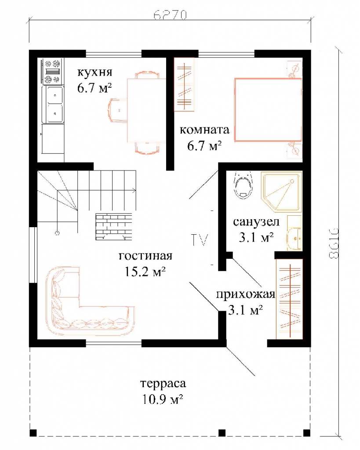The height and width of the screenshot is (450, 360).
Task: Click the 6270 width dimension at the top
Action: [170, 15]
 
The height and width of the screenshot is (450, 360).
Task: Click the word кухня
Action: [95, 72]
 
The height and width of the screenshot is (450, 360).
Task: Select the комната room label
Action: [205, 130]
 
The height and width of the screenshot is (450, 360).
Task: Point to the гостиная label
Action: [145, 255]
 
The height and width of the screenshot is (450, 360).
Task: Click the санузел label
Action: [256, 222]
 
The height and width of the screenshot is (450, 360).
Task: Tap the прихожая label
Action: [245, 294]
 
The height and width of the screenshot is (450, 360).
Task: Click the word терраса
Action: [163, 383]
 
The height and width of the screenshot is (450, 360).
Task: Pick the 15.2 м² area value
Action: [145, 271]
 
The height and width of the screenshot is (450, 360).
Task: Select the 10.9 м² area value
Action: [163, 399]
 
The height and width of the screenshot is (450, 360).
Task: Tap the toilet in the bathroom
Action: [244, 185]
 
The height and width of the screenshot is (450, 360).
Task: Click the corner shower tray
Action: [281, 192]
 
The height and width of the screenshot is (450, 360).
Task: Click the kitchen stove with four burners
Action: [52, 71]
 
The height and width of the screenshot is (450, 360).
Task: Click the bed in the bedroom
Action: [268, 109]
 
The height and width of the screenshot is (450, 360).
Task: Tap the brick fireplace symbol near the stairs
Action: [114, 226]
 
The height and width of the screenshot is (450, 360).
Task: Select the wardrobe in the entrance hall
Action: [289, 299]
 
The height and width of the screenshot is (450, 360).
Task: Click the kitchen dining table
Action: [146, 110]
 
